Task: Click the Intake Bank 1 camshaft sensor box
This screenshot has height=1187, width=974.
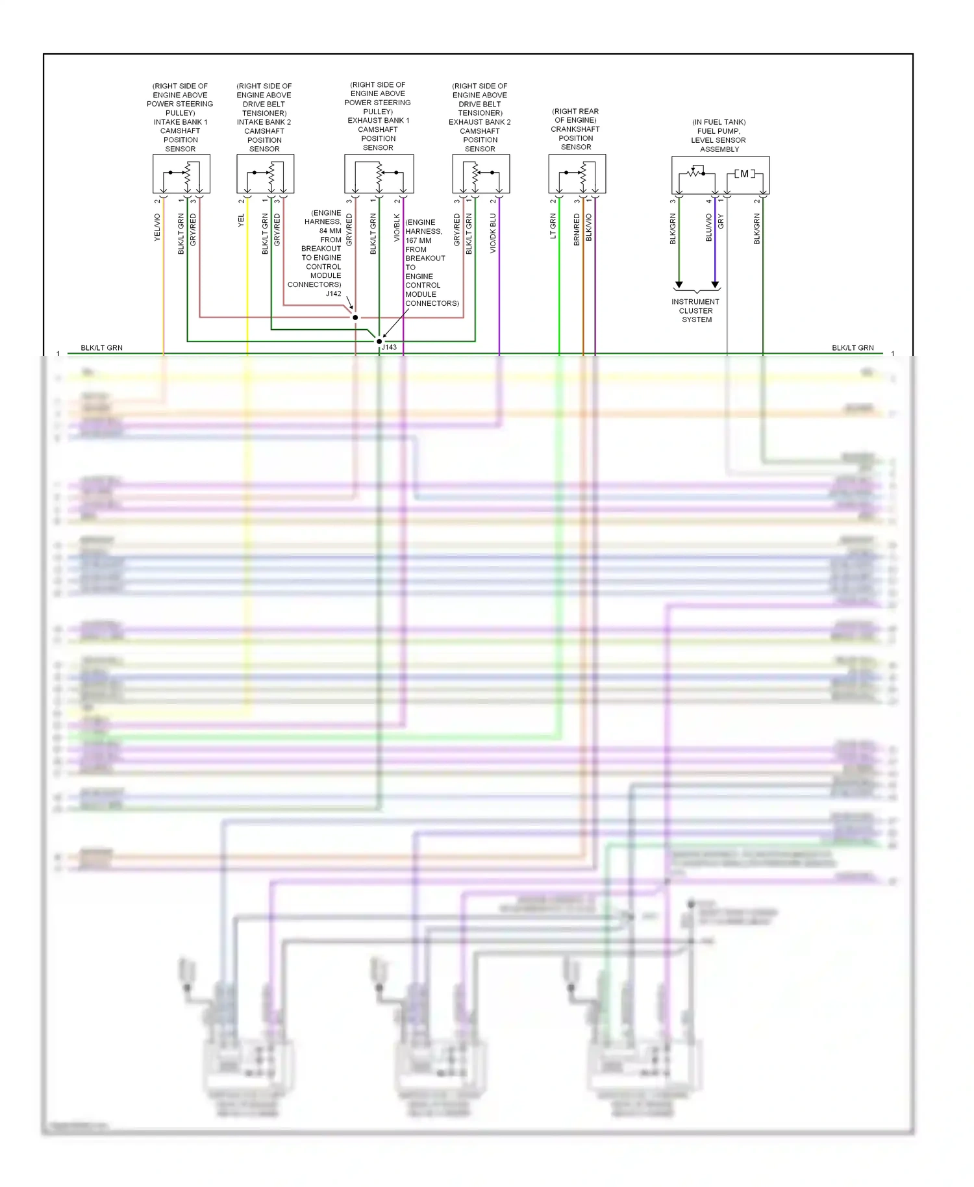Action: [x=181, y=173]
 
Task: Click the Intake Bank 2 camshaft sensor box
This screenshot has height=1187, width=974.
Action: [x=265, y=173]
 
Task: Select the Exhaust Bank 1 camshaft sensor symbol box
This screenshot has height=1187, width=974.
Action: [x=379, y=173]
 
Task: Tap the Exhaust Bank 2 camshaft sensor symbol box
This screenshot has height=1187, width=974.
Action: [x=481, y=173]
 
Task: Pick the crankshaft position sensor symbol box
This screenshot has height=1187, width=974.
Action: [x=577, y=173]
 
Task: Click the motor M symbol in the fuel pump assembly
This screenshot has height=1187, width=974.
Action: [x=745, y=173]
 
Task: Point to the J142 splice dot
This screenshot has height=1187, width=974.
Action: [x=355, y=318]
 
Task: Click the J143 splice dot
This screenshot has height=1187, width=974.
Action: [x=379, y=341]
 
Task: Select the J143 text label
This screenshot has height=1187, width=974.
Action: [x=389, y=347]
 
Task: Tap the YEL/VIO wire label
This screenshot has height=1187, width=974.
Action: [x=157, y=227]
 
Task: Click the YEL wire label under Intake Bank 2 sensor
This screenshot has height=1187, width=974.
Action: [x=241, y=221]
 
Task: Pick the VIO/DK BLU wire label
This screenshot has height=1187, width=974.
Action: [x=493, y=233]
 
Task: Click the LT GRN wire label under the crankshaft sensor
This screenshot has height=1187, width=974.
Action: [x=553, y=227]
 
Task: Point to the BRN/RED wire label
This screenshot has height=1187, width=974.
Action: [x=577, y=229]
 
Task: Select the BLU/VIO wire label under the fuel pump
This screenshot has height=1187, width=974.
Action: [x=709, y=228]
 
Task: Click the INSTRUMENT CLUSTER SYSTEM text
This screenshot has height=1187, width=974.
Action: [x=695, y=310]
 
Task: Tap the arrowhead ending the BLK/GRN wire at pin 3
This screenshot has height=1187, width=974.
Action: [x=679, y=285]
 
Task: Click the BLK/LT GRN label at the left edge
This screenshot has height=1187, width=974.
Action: [x=101, y=348]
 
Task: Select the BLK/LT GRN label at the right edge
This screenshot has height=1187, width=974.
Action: [x=853, y=348]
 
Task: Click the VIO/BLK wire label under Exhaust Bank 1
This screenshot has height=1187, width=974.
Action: [x=397, y=228]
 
